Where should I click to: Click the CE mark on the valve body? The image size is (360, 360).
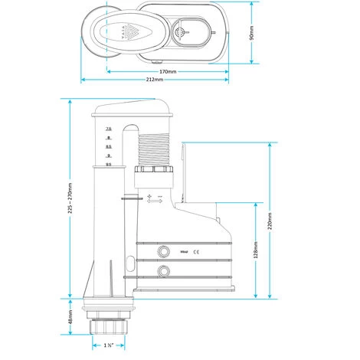point(195,250)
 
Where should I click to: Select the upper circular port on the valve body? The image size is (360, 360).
point(162,250)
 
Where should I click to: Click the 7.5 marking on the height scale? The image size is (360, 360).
point(109,128)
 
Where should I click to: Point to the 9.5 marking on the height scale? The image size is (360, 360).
point(109,163)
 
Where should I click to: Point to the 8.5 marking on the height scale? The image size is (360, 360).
point(109,146)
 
